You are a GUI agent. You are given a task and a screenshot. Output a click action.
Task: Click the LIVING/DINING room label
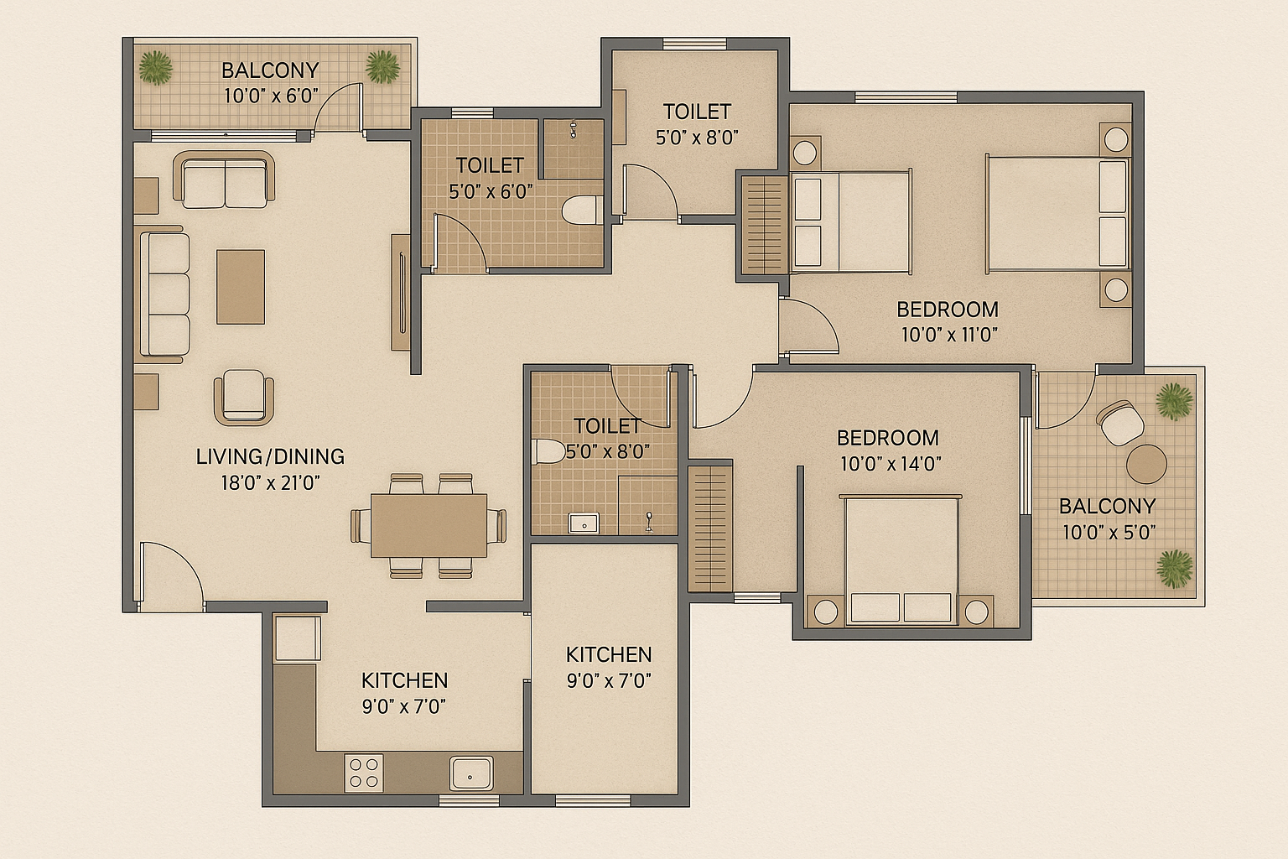[270, 456]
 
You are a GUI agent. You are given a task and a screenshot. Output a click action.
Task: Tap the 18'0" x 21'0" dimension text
[270, 482]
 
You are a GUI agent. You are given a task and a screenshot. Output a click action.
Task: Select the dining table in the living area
[429, 525]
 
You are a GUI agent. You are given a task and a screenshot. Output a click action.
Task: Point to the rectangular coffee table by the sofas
[241, 287]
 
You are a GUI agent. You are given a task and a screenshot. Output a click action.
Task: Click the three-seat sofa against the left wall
[165, 294]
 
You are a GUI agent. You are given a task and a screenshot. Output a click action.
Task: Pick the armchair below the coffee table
[244, 397]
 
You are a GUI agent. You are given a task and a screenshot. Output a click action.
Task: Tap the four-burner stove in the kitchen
[364, 773]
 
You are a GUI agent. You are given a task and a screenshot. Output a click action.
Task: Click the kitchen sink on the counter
[471, 773]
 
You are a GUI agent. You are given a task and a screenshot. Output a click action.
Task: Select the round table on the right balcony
[1146, 464]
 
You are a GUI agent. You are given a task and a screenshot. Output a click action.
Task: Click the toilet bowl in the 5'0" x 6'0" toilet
[582, 211]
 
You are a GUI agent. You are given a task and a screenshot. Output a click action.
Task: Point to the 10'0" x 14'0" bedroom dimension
[891, 464]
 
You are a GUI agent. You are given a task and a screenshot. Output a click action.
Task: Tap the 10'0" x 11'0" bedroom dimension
[949, 334]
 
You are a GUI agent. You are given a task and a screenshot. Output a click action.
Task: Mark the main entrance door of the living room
[171, 576]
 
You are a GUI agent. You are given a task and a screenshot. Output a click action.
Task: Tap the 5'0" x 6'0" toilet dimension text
[491, 191]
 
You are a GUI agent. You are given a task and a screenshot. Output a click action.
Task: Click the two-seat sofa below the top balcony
[224, 180]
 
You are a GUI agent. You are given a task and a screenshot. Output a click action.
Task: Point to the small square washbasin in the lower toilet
[584, 523]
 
